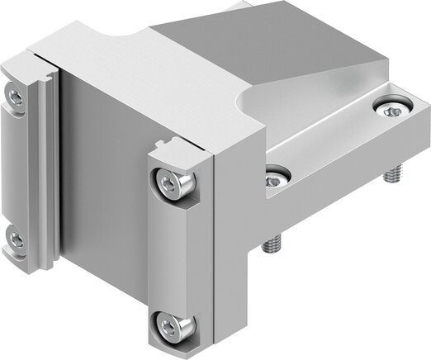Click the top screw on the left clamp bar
click(15, 97)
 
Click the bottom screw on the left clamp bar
click(15, 240)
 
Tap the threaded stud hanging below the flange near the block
click(269, 246)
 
